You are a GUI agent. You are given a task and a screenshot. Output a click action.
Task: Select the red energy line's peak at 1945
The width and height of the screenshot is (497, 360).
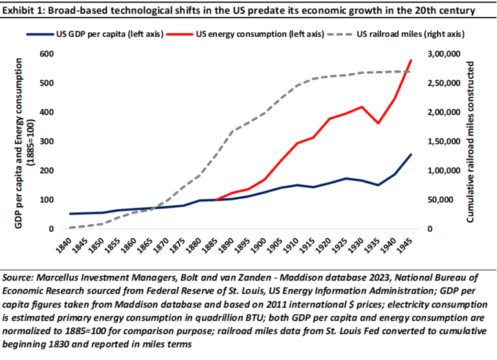point(411,60)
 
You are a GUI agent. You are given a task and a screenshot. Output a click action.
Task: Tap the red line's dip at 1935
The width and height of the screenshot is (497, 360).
point(379,123)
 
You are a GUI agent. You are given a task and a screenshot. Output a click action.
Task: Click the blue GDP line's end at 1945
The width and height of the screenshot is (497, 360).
point(411,154)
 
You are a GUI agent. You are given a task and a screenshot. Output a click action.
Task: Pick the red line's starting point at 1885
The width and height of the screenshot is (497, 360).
point(216,200)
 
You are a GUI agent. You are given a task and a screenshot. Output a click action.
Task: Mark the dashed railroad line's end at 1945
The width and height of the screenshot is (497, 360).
point(411,71)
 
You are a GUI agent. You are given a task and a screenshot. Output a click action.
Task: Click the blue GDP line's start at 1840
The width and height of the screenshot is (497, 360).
point(70,214)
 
